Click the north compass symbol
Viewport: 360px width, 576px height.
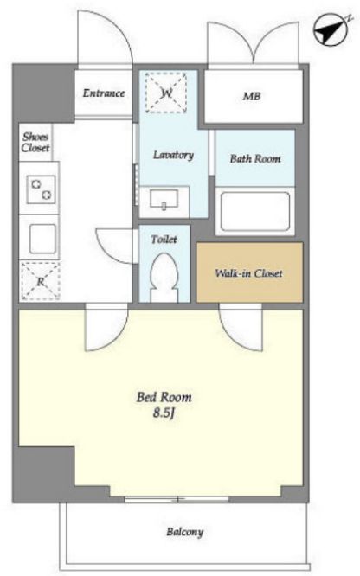pyautogui.click(x=331, y=29)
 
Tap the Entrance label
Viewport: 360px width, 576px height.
pyautogui.click(x=104, y=93)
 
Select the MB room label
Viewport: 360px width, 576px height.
pyautogui.click(x=252, y=96)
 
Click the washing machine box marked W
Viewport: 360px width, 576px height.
pyautogui.click(x=166, y=93)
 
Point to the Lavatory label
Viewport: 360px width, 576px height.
pyautogui.click(x=173, y=155)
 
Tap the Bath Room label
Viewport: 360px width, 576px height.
pyautogui.click(x=255, y=158)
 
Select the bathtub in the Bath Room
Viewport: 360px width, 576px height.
pyautogui.click(x=254, y=211)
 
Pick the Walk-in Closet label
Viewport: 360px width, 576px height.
pyautogui.click(x=249, y=273)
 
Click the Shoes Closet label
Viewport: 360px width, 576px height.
pyautogui.click(x=35, y=142)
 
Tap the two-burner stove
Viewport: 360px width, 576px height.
pyautogui.click(x=41, y=189)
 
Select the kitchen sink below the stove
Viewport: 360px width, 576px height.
pyautogui.click(x=42, y=239)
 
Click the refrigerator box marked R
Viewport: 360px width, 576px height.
pyautogui.click(x=40, y=281)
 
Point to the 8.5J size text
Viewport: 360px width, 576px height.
pyautogui.click(x=164, y=413)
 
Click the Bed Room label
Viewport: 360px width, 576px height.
pyautogui.click(x=164, y=397)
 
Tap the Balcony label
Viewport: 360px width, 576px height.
pyautogui.click(x=184, y=532)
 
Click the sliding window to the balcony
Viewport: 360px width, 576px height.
pyautogui.click(x=177, y=500)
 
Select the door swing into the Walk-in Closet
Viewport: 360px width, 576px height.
pyautogui.click(x=241, y=327)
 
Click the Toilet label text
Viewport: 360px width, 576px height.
pyautogui.click(x=164, y=240)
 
